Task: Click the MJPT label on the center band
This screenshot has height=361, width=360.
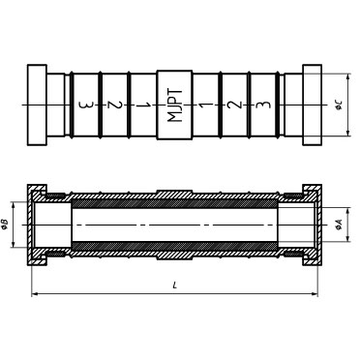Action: [x=175, y=105]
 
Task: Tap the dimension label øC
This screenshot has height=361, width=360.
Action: [x=339, y=105]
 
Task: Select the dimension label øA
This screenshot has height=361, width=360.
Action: [x=339, y=226]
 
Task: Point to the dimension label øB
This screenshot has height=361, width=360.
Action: [x=5, y=225]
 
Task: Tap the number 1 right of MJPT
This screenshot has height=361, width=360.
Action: [x=205, y=105]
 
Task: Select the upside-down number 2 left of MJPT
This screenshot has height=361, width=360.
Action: [x=116, y=105]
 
